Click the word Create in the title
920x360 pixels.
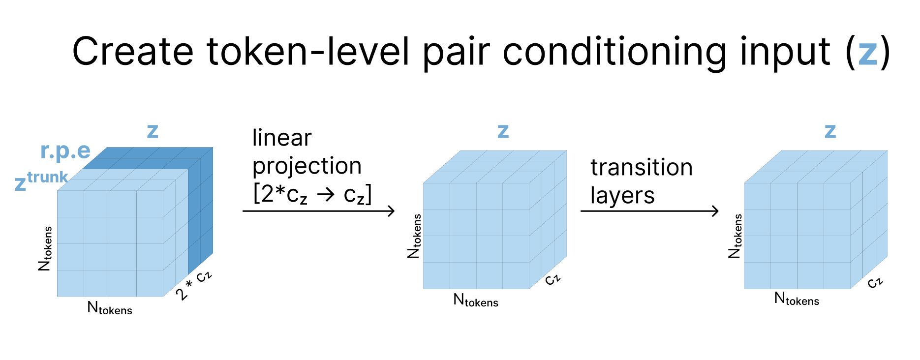point(133,51)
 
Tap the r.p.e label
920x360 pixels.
point(65,151)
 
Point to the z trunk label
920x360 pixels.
point(41,180)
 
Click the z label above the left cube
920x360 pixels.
point(153,131)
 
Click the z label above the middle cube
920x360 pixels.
point(503,131)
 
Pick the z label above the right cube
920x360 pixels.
point(830,131)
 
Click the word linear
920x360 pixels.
point(282,138)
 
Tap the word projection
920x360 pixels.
point(307,166)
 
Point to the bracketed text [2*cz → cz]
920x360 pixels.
point(312,194)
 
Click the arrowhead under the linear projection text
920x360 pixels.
point(391,211)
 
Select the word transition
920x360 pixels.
point(642,167)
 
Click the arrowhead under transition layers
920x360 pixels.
point(715,211)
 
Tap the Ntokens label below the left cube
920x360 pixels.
point(110,308)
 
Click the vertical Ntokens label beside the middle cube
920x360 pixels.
point(414,236)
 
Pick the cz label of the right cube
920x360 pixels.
point(875,282)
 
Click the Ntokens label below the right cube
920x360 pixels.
point(797,299)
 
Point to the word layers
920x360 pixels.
point(622,196)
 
